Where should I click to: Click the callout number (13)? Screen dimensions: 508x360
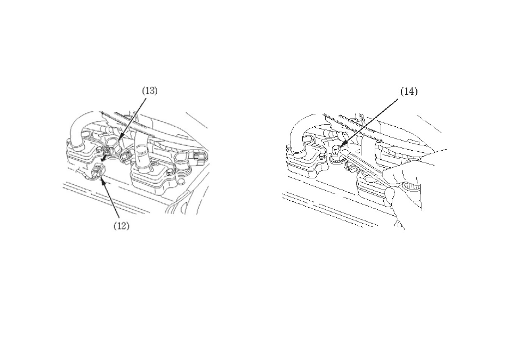(x=150, y=91)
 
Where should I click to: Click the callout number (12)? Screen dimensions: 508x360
(x=121, y=226)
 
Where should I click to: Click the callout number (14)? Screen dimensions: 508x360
(x=409, y=92)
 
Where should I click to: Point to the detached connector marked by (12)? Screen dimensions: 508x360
(x=99, y=170)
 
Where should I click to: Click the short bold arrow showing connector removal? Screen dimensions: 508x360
(x=103, y=158)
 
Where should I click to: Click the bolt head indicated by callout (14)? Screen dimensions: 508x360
(x=337, y=149)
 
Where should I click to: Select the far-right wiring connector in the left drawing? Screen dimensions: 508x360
(x=198, y=159)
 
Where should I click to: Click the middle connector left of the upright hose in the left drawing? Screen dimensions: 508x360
(x=126, y=157)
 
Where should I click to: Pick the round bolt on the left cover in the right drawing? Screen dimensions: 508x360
(x=322, y=157)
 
